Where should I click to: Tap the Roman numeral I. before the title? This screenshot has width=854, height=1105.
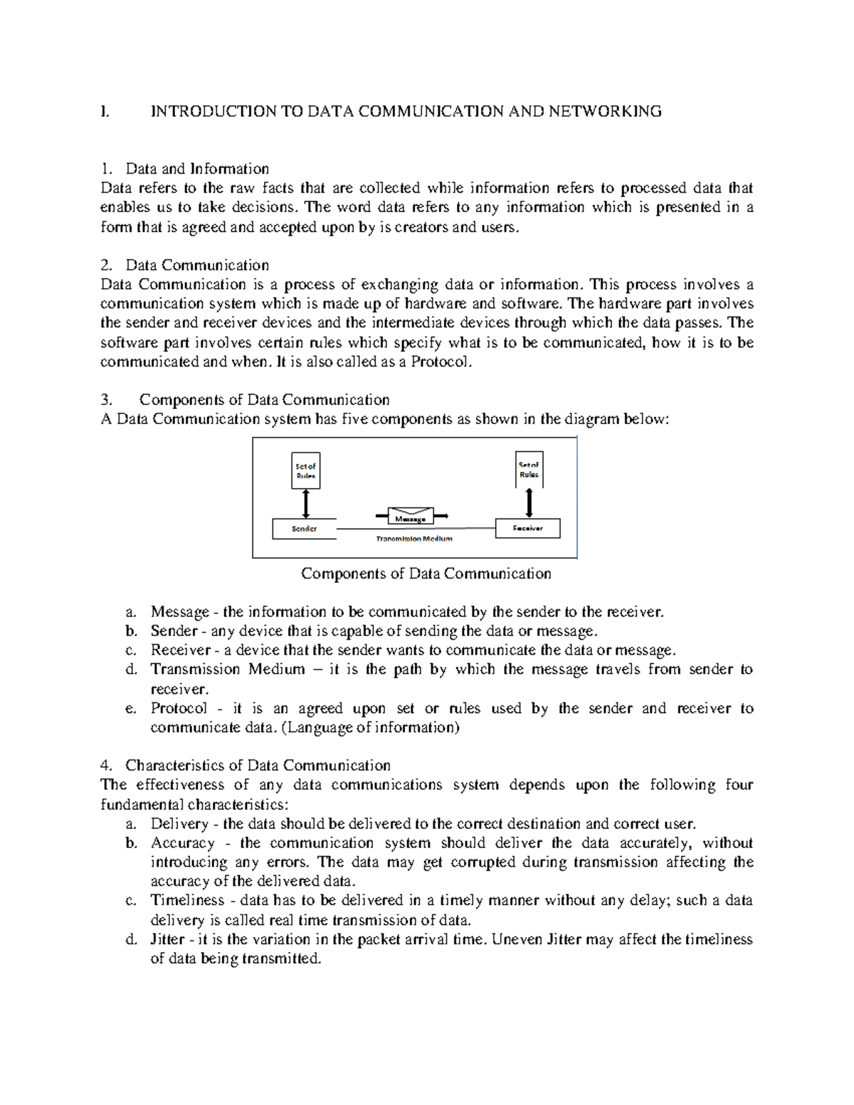tap(105, 111)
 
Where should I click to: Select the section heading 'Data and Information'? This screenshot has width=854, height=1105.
tap(197, 169)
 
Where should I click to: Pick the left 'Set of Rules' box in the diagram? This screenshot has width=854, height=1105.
tap(305, 470)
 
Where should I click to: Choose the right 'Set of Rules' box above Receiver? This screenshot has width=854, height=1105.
tap(529, 470)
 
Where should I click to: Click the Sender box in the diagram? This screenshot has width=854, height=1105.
tap(305, 529)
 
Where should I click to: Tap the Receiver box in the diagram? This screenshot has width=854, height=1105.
tap(528, 529)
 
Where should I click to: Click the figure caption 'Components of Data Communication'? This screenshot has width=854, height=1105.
tap(426, 573)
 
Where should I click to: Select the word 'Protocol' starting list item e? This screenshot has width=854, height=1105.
tap(179, 709)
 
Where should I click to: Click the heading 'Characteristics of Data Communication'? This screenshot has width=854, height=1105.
tap(258, 766)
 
